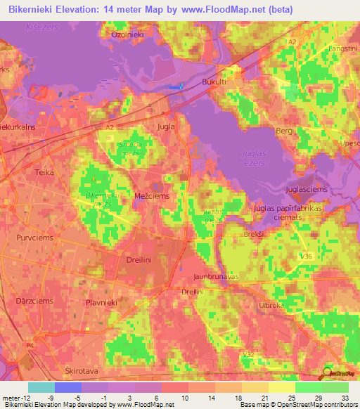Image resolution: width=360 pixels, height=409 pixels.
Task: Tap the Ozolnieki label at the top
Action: coord(127,34)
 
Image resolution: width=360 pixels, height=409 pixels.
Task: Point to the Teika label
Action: coord(44,171)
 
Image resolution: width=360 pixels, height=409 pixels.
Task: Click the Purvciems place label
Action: coord(33,238)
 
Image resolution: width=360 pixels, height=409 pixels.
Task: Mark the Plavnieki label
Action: coord(100,302)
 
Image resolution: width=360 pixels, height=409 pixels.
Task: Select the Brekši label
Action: coord(252,235)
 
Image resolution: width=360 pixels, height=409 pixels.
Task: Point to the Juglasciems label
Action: coord(308,190)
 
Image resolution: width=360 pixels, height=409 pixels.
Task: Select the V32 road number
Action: coord(248,356)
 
